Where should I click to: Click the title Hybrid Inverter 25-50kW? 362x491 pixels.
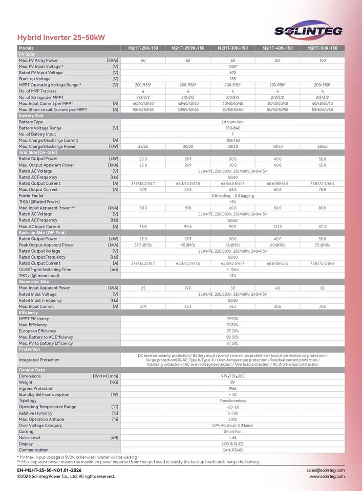click(x=61, y=37)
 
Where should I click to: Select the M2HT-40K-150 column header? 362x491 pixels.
click(x=278, y=48)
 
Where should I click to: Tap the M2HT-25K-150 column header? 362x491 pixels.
click(x=143, y=48)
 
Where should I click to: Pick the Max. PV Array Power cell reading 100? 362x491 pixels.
click(x=322, y=60)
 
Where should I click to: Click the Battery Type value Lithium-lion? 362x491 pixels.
click(x=232, y=122)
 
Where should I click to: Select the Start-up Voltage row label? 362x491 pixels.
click(x=35, y=79)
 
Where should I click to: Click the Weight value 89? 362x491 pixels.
click(x=232, y=382)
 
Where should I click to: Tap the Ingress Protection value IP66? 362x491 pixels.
click(x=232, y=388)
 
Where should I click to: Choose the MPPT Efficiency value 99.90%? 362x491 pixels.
click(x=232, y=319)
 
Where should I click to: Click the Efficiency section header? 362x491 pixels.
click(x=29, y=313)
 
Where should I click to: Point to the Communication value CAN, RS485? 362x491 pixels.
click(x=232, y=450)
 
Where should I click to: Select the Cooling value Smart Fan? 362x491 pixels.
click(x=232, y=432)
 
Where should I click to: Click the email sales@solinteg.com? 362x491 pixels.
click(x=326, y=470)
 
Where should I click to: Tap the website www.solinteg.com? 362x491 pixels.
click(x=327, y=476)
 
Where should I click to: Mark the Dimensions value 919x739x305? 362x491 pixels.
click(x=232, y=376)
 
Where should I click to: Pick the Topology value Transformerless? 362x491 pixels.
click(x=232, y=400)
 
